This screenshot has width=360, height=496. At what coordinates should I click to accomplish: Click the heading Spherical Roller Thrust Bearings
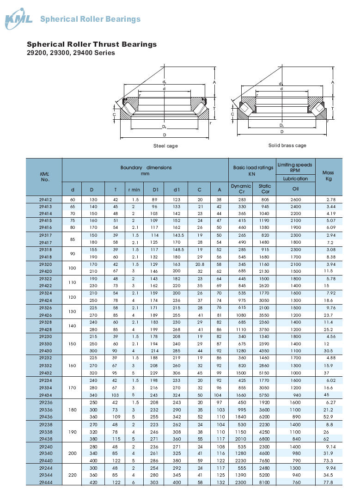click(92, 44)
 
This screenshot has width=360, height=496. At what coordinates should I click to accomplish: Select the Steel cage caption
click(165, 146)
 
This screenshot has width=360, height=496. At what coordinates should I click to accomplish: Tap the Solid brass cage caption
click(287, 146)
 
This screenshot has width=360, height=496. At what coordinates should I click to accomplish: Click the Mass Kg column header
click(329, 176)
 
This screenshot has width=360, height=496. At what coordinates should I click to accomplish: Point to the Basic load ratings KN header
click(253, 171)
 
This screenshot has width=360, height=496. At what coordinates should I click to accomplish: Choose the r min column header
click(134, 189)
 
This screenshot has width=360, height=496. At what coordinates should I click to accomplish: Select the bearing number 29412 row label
click(45, 200)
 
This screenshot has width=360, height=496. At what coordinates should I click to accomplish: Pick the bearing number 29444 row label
click(45, 482)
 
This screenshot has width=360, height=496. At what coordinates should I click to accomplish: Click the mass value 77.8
click(328, 482)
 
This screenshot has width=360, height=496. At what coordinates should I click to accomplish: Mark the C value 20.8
click(200, 264)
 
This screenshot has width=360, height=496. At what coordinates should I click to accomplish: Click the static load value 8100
click(265, 482)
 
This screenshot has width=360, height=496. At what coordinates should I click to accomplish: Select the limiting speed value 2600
click(295, 200)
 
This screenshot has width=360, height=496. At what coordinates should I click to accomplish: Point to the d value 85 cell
click(72, 239)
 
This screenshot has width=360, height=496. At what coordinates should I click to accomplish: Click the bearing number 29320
click(45, 264)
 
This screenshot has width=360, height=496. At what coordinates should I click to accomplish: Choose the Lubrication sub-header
click(295, 178)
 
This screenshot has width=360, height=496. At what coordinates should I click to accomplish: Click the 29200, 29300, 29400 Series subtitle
click(71, 53)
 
